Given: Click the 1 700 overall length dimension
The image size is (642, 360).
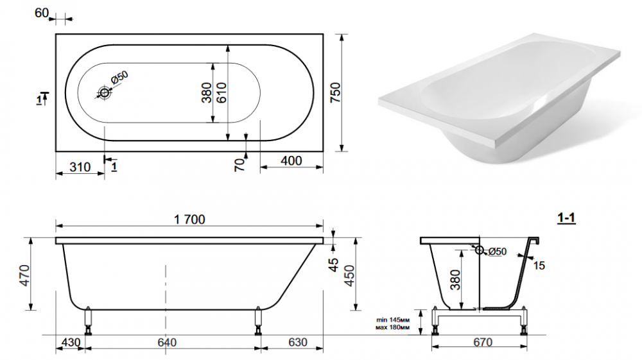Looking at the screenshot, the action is [x=189, y=219].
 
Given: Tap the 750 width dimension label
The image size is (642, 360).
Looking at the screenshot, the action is [x=335, y=93].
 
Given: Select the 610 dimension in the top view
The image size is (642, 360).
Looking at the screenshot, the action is [x=221, y=92].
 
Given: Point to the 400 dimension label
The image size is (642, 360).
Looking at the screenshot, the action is [x=291, y=161].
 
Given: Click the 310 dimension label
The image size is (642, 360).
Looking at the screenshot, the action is [x=80, y=167].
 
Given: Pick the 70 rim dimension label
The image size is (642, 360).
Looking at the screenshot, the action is [x=239, y=165].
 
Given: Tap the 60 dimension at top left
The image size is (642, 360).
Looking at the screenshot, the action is [x=41, y=13].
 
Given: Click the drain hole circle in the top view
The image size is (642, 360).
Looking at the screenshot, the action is [x=105, y=93].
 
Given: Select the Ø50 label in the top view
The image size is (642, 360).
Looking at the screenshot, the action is [x=119, y=77].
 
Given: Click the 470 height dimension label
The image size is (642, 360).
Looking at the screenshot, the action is [x=25, y=275].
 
